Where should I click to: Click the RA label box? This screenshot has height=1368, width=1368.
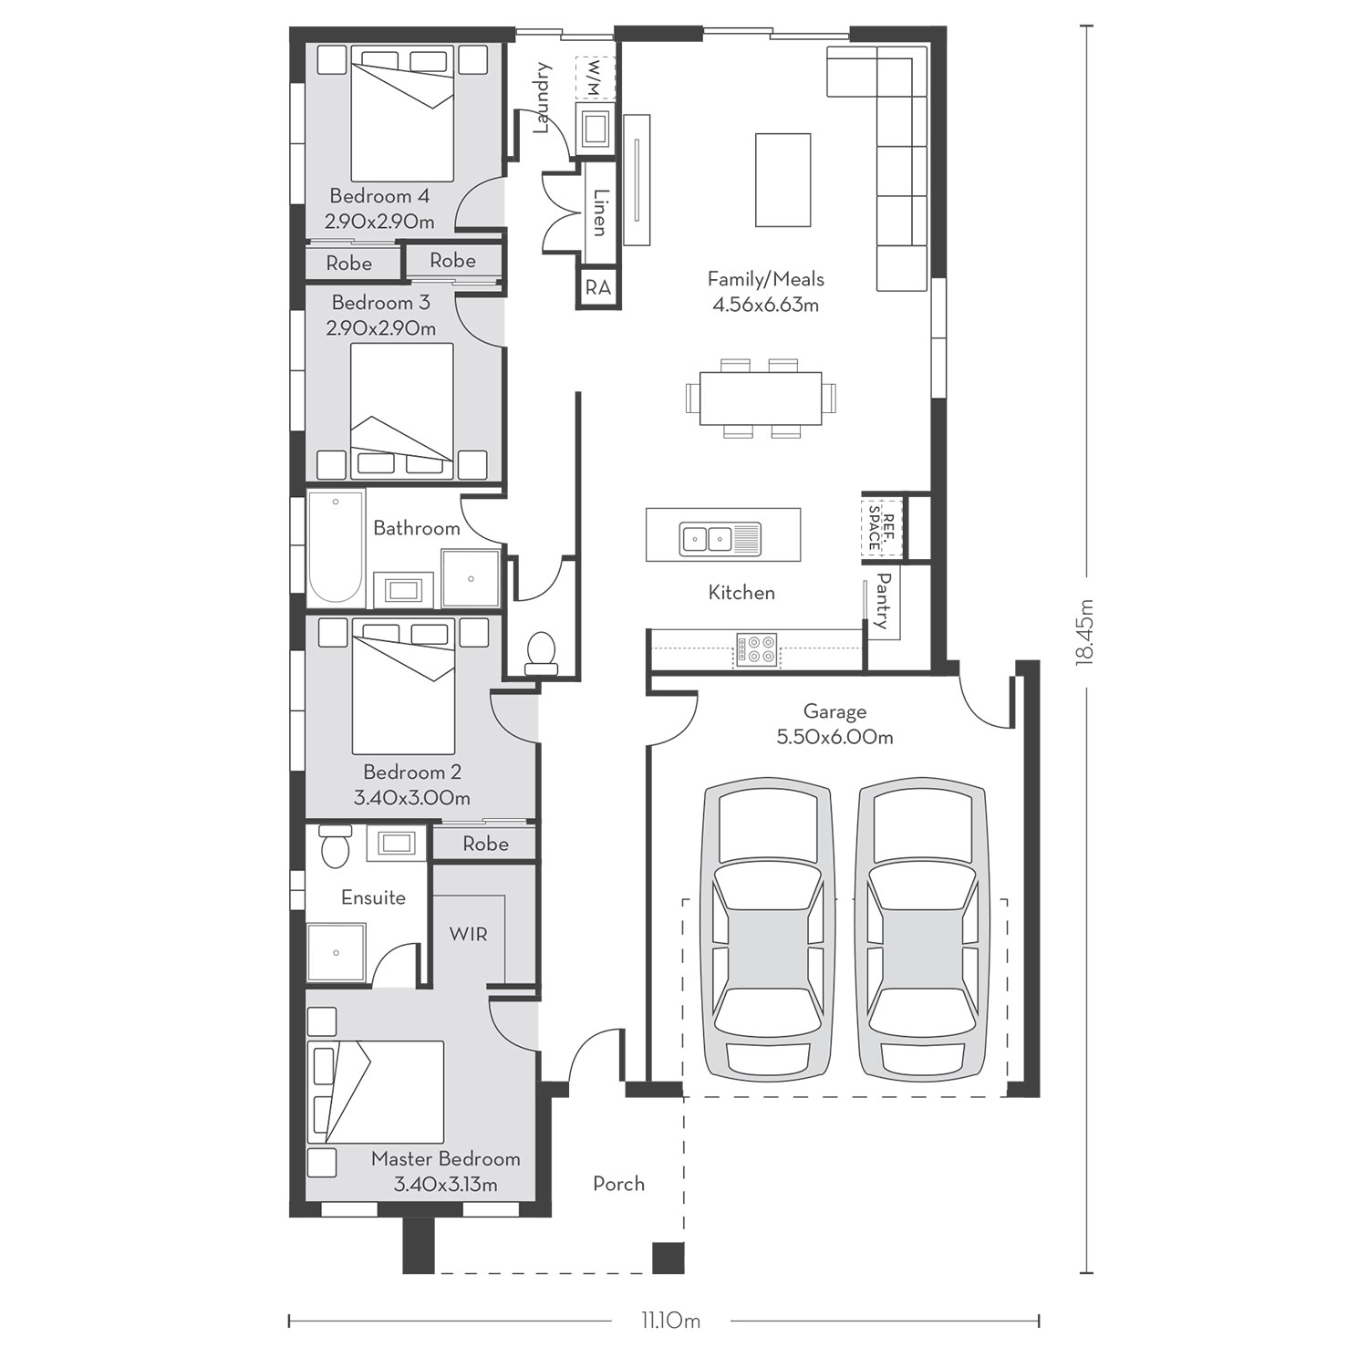pyautogui.click(x=597, y=287)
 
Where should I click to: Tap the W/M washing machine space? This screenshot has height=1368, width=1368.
pyautogui.click(x=596, y=78)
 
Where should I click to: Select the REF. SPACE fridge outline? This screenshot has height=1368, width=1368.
pyautogui.click(x=882, y=526)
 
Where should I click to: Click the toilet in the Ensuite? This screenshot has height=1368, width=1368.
pyautogui.click(x=336, y=845)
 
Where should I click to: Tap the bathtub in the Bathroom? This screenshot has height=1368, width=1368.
pyautogui.click(x=336, y=547)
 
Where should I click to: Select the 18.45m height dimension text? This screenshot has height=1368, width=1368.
pyautogui.click(x=1085, y=631)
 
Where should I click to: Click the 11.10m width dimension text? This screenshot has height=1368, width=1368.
pyautogui.click(x=670, y=1320)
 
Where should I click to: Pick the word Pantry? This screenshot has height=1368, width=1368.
pyautogui.click(x=883, y=601)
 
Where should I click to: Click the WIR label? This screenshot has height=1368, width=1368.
pyautogui.click(x=468, y=934)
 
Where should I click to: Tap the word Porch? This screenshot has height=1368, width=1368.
pyautogui.click(x=618, y=1184)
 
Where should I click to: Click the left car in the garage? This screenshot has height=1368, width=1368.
pyautogui.click(x=767, y=928)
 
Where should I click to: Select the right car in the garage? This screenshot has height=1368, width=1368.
pyautogui.click(x=922, y=928)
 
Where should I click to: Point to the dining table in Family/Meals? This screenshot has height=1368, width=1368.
pyautogui.click(x=761, y=399)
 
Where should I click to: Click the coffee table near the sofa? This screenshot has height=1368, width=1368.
pyautogui.click(x=783, y=180)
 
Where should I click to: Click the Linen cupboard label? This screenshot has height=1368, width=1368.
pyautogui.click(x=600, y=212)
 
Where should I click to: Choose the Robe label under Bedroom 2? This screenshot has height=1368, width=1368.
pyautogui.click(x=485, y=844)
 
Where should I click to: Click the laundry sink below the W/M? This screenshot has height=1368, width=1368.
pyautogui.click(x=596, y=127)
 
